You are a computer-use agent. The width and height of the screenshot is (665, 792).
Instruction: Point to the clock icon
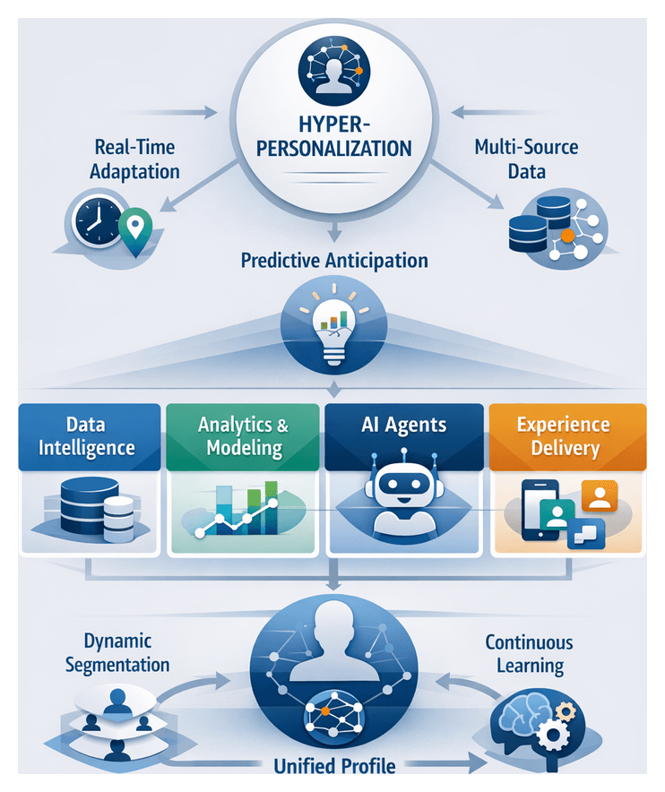point(97,220)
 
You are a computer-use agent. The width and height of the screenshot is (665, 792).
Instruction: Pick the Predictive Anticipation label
point(333,261)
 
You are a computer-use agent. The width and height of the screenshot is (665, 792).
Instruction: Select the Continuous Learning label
point(529,654)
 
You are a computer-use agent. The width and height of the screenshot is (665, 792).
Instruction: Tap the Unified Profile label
point(333,766)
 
